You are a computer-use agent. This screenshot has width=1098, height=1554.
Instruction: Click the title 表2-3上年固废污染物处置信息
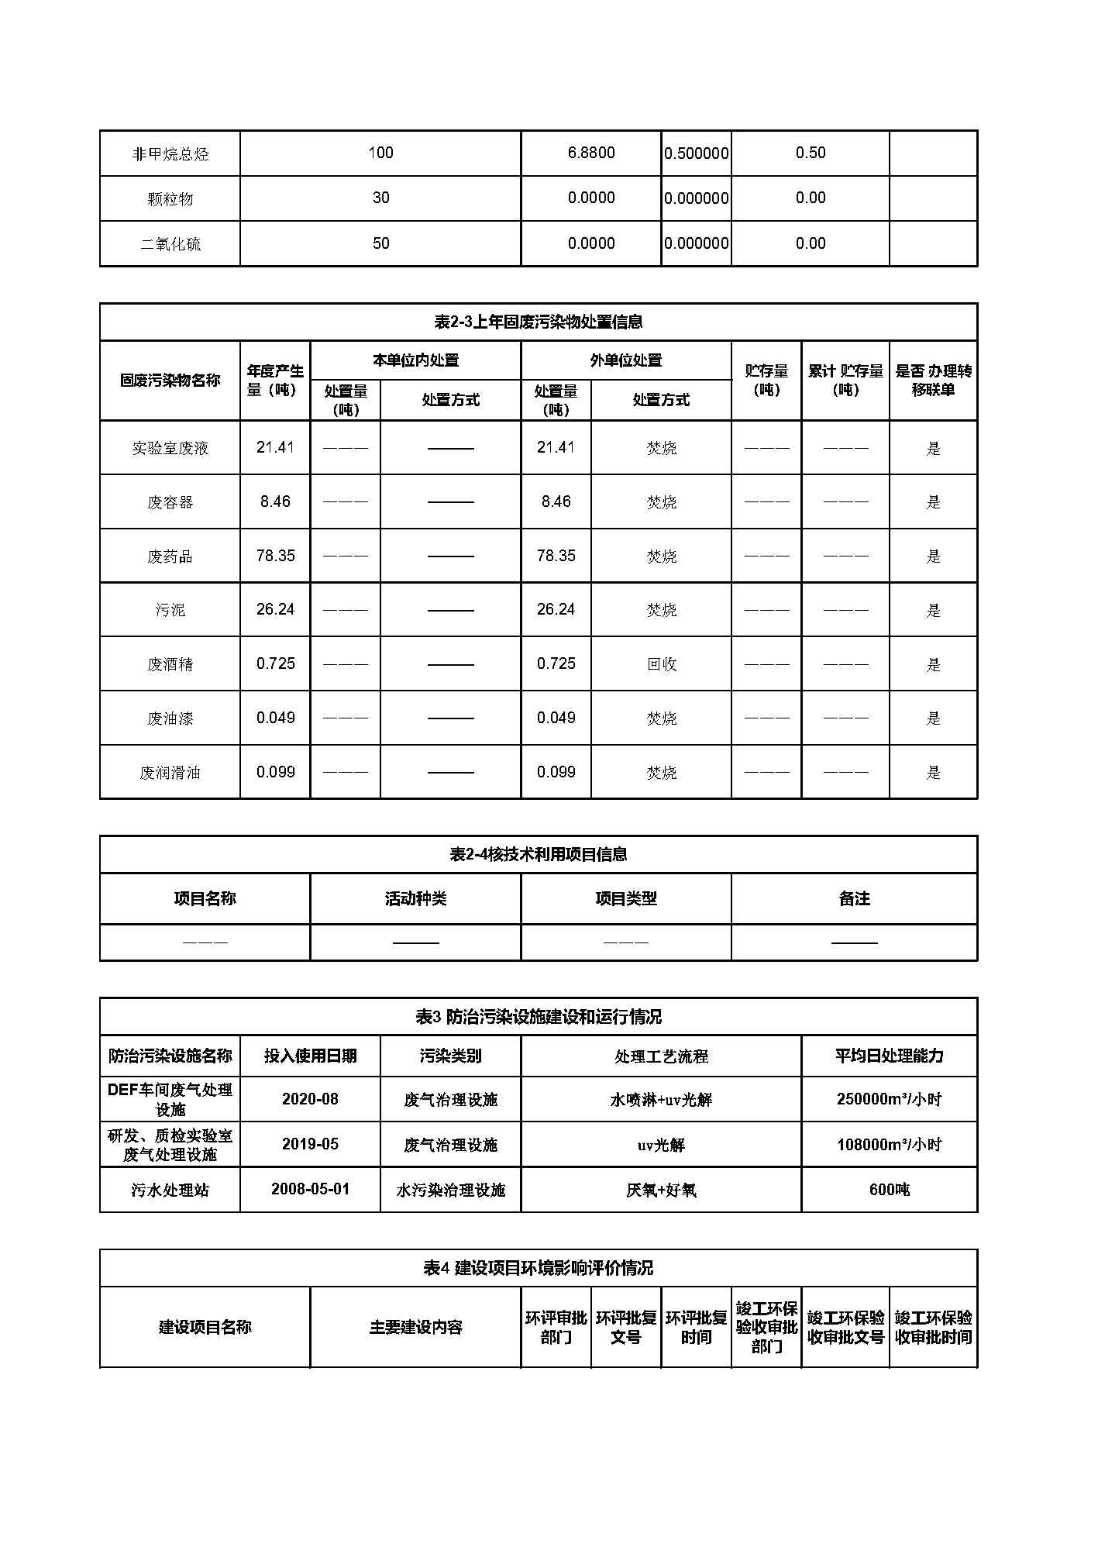pos(538,322)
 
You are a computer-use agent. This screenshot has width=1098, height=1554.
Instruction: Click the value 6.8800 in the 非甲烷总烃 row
pos(590,153)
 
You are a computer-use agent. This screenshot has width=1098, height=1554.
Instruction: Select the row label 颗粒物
pos(170,199)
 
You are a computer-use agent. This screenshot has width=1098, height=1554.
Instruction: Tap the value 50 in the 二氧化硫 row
pos(380,243)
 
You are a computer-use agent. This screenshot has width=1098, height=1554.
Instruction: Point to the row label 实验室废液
pos(170,448)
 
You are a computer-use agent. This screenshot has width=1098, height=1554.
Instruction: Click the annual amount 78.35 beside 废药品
pos(275,556)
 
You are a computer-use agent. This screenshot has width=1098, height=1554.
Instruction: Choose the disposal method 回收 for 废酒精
pos(661,664)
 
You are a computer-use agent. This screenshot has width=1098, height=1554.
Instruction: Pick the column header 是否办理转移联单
pos(933,381)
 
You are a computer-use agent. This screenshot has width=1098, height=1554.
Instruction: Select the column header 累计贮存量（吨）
pos(845,381)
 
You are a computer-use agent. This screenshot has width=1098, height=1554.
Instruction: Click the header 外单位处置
pos(625,360)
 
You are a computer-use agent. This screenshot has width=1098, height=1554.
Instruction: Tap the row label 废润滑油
pos(170,773)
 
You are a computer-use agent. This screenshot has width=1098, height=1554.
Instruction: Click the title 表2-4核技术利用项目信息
pos(538,854)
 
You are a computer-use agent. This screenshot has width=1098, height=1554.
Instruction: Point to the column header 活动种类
pos(415,899)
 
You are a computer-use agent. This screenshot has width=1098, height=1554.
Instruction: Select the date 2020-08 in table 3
pos(310,1099)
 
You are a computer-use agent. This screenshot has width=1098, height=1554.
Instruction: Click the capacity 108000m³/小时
pos(889,1145)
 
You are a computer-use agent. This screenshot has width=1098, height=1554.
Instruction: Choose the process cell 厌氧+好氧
pos(661,1190)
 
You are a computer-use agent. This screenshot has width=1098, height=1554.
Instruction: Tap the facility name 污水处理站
pos(170,1190)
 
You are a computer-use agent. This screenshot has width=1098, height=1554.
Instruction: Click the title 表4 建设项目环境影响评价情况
pos(538,1268)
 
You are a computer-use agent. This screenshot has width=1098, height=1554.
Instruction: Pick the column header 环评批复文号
pos(625,1328)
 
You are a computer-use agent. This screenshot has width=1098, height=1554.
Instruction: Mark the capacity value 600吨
pos(889,1190)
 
